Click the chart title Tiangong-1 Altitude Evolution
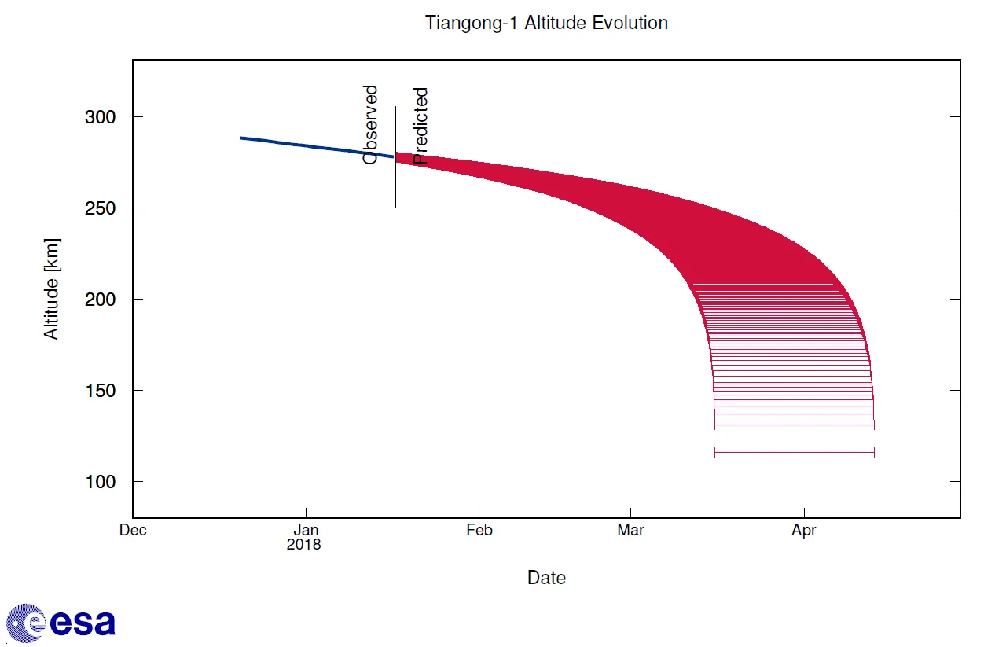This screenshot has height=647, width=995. [546, 23]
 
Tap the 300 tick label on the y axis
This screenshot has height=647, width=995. [101, 117]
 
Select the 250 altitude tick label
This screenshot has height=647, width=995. [101, 208]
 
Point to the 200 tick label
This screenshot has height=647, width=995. [101, 300]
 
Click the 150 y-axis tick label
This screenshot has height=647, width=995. [101, 391]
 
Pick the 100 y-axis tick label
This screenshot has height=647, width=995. [101, 482]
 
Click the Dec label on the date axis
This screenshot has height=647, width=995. [133, 530]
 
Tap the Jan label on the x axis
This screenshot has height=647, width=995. [306, 530]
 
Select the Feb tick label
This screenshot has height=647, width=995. [479, 530]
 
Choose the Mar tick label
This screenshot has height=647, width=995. [631, 530]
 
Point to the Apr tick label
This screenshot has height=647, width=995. [804, 530]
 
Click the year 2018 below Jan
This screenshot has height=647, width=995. [304, 544]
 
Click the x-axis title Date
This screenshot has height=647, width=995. [546, 578]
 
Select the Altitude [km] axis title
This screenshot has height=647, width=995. [52, 289]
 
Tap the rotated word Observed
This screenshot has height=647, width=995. [370, 125]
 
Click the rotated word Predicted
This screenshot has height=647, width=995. [420, 127]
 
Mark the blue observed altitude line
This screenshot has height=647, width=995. [317, 147]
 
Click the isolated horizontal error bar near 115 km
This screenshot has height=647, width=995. [795, 452]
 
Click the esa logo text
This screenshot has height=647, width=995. [83, 623]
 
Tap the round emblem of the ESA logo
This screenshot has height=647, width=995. [26, 623]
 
